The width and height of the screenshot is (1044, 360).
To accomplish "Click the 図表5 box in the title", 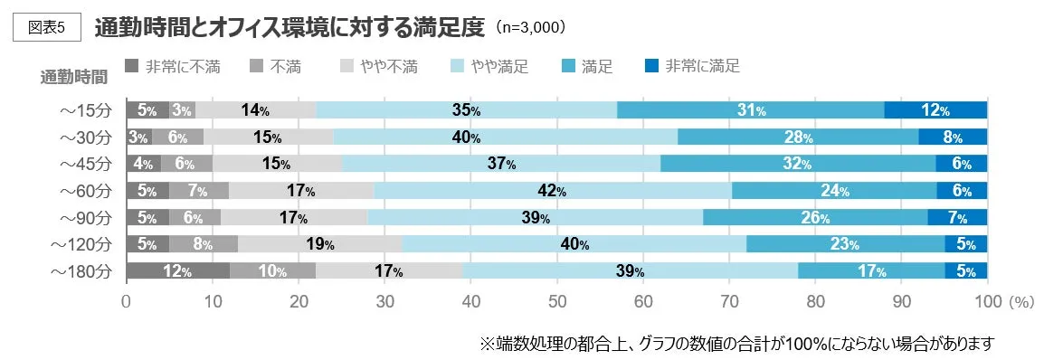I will click(x=48, y=26).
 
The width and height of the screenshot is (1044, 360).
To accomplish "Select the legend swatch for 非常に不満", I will click(x=131, y=66).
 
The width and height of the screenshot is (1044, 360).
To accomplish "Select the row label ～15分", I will click(x=84, y=110).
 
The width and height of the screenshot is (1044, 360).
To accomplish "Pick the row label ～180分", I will click(x=81, y=271).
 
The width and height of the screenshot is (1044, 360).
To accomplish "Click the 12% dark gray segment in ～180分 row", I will click(x=177, y=271).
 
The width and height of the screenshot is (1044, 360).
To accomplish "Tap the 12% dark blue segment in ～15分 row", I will click(x=935, y=110).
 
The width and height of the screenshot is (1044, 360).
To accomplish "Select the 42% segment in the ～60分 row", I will click(x=552, y=191).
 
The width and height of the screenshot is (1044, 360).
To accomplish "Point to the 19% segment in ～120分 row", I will click(x=319, y=244).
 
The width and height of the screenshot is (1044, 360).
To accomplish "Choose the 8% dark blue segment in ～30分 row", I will click(x=952, y=137).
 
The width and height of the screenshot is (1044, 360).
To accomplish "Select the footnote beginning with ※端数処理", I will click(x=736, y=343).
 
